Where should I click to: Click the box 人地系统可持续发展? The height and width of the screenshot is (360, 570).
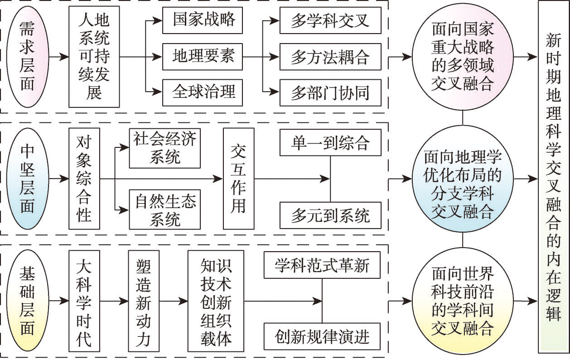(94, 58)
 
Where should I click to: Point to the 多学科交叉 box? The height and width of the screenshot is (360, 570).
(330, 21)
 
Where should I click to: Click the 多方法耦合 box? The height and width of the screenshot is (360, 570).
(330, 57)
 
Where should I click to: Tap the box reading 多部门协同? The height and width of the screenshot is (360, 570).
(330, 93)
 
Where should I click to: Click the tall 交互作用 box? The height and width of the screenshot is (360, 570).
(238, 179)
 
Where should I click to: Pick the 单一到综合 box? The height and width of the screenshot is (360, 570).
(330, 143)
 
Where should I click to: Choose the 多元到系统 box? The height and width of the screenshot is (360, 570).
(330, 215)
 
